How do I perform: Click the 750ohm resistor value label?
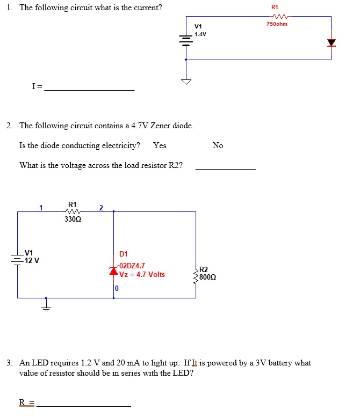point(277,24)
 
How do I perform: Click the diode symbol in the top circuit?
point(331,42)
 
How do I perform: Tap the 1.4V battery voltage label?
point(200,34)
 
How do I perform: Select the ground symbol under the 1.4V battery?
point(186,82)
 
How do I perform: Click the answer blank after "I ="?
point(89,89)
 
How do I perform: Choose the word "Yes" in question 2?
point(160,145)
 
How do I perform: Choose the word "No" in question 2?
point(218,145)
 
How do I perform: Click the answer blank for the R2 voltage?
point(225,169)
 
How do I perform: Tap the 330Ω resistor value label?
point(73,220)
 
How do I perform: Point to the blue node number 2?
point(101,208)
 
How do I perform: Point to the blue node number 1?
point(40,208)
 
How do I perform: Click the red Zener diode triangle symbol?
point(114,270)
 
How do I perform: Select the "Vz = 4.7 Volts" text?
point(142,275)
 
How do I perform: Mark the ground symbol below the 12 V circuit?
point(46,306)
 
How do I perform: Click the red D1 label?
point(124,254)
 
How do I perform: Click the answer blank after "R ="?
point(83,405)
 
